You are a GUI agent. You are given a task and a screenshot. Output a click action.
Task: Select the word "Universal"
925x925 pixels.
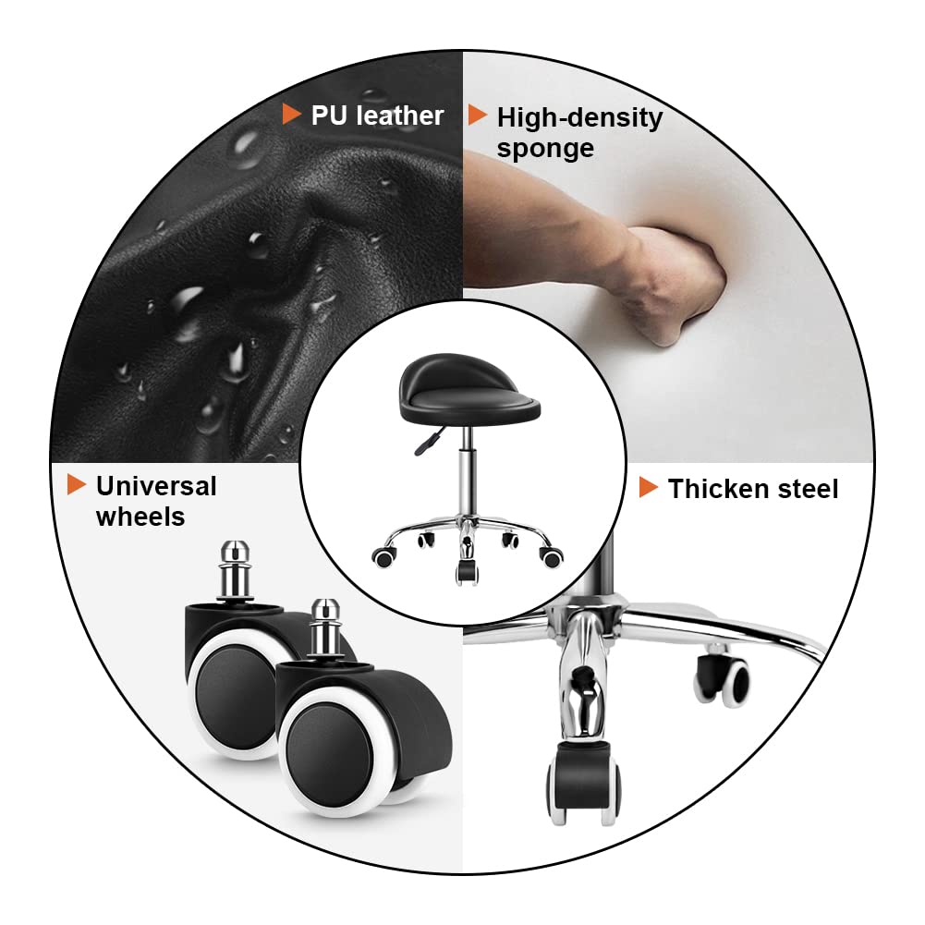(155, 486)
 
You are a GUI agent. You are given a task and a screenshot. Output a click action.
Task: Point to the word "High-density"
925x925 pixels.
(579, 118)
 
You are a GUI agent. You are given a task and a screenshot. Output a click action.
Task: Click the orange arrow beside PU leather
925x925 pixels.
(292, 115)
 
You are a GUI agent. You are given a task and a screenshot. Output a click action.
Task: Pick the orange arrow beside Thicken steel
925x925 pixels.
(649, 488)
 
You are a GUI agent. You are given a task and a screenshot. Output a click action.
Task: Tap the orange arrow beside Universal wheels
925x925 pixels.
(77, 484)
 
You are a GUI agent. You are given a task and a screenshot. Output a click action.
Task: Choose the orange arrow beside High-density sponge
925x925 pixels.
(478, 115)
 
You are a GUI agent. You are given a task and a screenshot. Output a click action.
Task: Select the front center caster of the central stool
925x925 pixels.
(466, 569)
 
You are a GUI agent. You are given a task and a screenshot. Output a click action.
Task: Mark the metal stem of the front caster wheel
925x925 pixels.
(323, 628)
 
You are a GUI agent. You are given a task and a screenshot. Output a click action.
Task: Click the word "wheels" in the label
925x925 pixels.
(140, 517)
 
